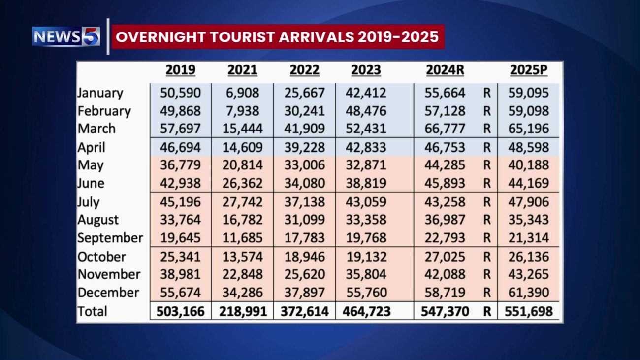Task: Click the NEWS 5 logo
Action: click(66, 36)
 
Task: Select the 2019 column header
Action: click(180, 70)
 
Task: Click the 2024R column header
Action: click(445, 70)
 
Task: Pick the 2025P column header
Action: click(529, 70)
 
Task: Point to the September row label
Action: click(110, 238)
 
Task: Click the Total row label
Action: click(93, 311)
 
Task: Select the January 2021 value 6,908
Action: click(242, 93)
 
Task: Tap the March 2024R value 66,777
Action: click(445, 129)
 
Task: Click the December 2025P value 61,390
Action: click(529, 293)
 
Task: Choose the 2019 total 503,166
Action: click(180, 311)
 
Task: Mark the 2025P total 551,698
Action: click(529, 311)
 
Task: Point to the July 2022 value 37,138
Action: click(304, 202)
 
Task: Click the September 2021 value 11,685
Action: click(242, 238)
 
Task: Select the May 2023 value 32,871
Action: click(366, 165)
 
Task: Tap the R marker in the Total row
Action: click(487, 311)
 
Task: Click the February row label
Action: click(104, 111)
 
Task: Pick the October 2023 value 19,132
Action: click(366, 257)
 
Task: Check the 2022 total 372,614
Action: click(304, 311)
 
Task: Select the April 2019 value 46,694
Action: click(180, 147)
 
